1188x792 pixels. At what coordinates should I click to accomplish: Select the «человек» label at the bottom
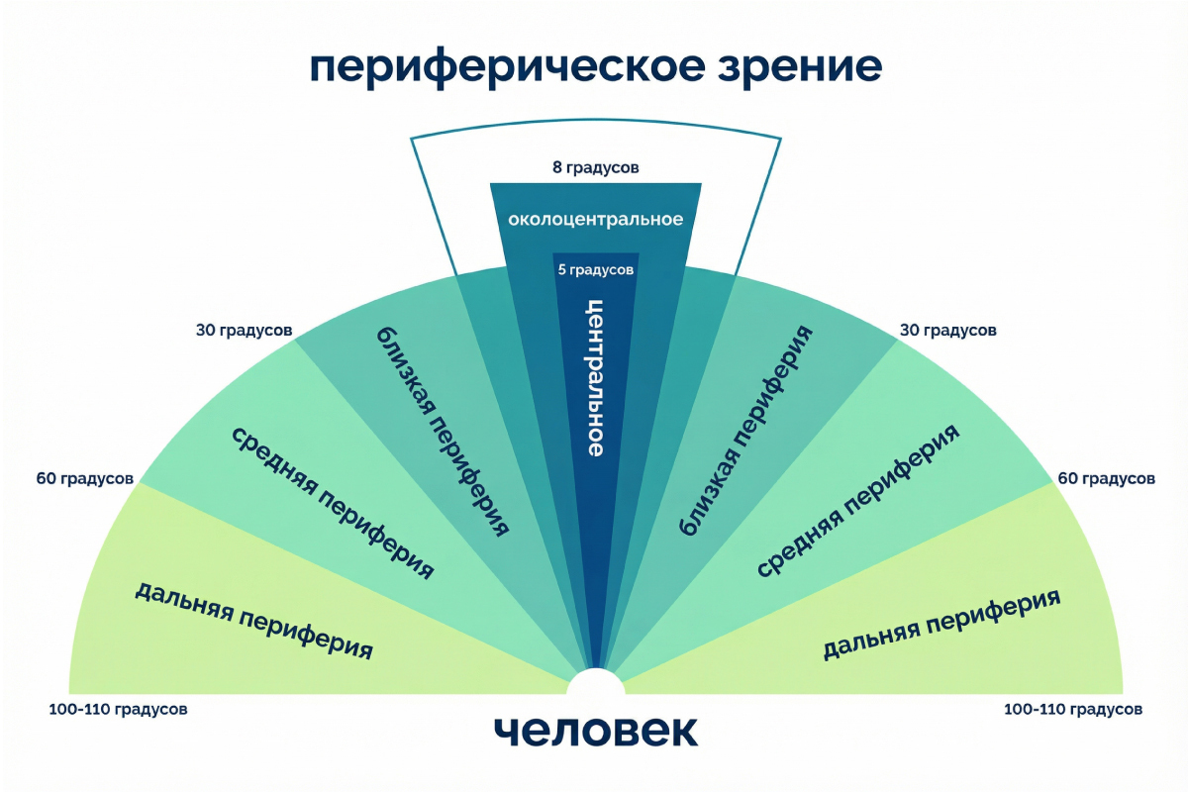click(595, 730)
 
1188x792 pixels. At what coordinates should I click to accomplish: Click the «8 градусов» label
click(595, 167)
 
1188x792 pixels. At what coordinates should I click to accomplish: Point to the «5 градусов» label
click(595, 268)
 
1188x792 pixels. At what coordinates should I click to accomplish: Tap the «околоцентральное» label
click(595, 219)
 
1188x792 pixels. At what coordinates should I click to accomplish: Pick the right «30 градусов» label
click(946, 330)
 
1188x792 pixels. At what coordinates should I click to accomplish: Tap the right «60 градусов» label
click(1106, 479)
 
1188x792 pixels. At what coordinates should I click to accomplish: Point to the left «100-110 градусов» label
click(117, 709)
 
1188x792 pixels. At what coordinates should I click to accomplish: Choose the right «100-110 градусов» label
click(1073, 709)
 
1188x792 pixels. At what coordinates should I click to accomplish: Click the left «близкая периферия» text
click(443, 431)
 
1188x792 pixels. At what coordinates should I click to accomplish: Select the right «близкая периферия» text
click(746, 431)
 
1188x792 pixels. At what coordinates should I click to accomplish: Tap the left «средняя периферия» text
click(334, 503)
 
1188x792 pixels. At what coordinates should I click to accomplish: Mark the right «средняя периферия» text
click(857, 503)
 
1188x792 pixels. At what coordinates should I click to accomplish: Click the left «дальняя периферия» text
click(253, 620)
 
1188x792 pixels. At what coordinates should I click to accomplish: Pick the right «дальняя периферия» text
click(940, 625)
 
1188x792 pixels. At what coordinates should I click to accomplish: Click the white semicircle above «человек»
click(595, 684)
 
